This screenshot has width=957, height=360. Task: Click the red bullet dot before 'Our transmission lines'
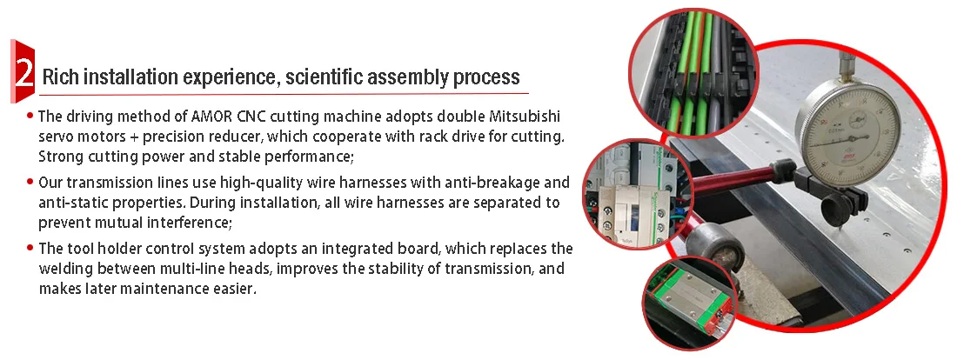(30, 182)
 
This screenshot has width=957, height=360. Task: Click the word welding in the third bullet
(64, 269)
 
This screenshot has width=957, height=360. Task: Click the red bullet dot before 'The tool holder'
(30, 248)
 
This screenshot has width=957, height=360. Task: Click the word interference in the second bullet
(185, 223)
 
